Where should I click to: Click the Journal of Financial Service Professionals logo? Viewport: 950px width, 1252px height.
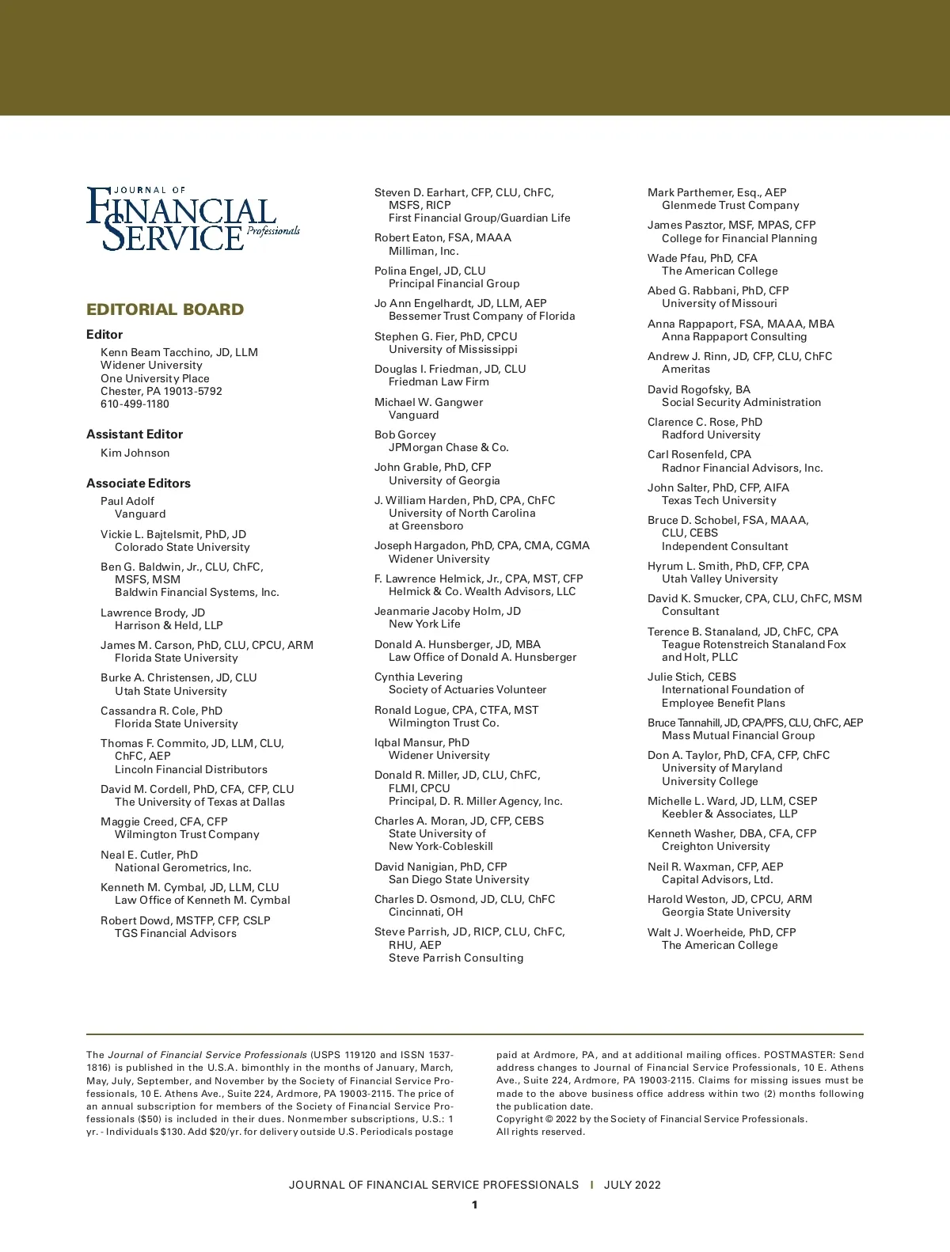coord(192,218)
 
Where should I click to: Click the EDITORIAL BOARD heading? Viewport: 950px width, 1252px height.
coord(165,309)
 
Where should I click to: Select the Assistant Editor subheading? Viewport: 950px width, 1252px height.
coord(135,434)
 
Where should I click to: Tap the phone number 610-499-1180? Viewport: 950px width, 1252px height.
coord(135,404)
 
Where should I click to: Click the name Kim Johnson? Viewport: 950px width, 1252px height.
coord(135,453)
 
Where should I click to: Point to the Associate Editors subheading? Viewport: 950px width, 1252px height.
coord(139,483)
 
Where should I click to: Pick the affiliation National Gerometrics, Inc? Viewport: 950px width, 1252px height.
coord(183,867)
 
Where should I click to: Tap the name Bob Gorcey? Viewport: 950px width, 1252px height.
coord(405,434)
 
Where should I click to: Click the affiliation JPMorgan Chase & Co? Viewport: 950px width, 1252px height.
coord(449,447)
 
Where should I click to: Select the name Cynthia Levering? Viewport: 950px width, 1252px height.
coord(419,677)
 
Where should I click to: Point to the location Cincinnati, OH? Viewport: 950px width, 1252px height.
coord(426,912)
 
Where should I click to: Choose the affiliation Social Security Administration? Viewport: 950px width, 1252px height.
coord(741,402)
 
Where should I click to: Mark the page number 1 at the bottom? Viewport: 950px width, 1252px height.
coord(475,1205)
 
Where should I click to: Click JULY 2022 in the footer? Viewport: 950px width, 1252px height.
coord(632,1185)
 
